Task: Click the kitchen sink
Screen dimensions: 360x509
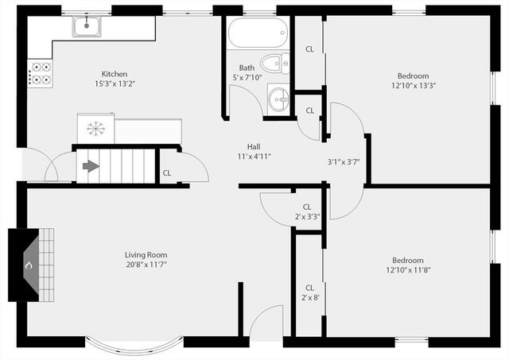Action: coord(87,27)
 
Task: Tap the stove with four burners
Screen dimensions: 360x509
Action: coord(41,73)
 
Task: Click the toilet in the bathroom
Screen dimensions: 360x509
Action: coord(275,62)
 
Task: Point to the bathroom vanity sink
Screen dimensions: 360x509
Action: coord(278,99)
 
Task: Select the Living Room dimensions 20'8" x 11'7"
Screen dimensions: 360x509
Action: coord(145,265)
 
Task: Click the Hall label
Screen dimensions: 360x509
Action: coord(254,146)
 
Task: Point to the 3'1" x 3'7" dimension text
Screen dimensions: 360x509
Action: coord(344,162)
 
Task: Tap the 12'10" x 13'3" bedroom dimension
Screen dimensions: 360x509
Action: coord(413,86)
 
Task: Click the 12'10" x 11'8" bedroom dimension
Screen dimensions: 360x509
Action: coord(407,270)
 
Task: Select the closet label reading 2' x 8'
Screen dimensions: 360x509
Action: coord(309,297)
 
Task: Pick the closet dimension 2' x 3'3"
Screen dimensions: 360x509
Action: coord(306,216)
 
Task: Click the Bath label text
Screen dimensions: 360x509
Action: coord(247,68)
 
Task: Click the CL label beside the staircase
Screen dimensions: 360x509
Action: coord(166,172)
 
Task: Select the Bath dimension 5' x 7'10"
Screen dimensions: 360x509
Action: coord(247,77)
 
